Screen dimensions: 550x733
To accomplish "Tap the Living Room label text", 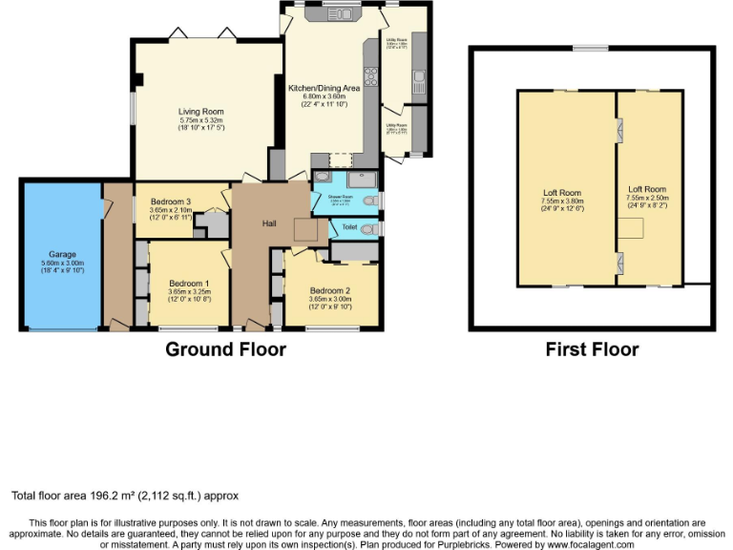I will pyautogui.click(x=200, y=112).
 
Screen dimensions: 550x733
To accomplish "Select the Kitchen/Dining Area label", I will pyautogui.click(x=324, y=88).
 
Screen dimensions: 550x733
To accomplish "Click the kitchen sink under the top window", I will pyautogui.click(x=340, y=14).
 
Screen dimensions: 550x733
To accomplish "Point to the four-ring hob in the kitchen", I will pyautogui.click(x=370, y=78).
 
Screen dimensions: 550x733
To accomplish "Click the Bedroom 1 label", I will pyautogui.click(x=188, y=284).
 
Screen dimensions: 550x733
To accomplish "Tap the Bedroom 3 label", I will pyautogui.click(x=171, y=201).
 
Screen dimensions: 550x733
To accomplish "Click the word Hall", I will pyautogui.click(x=270, y=223).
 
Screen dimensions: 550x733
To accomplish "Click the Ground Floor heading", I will pyautogui.click(x=225, y=349).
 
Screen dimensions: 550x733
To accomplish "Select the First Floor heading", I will pyautogui.click(x=592, y=349).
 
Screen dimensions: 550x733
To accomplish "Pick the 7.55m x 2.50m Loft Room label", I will pyautogui.click(x=647, y=190).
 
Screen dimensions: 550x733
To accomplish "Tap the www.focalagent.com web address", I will pyautogui.click(x=592, y=544).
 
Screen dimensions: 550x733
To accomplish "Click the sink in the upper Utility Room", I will pyautogui.click(x=417, y=76).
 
